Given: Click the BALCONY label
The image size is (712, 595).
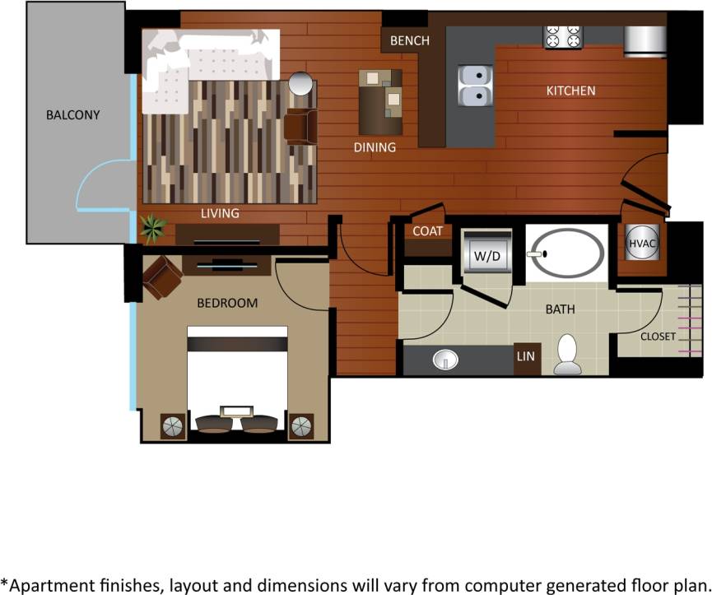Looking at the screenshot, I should pyautogui.click(x=73, y=114).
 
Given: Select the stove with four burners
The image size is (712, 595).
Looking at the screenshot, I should pyautogui.click(x=563, y=36).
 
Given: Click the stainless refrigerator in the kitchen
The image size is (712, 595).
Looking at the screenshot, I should pyautogui.click(x=645, y=40).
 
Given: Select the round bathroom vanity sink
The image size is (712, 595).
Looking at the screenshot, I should pyautogui.click(x=445, y=360).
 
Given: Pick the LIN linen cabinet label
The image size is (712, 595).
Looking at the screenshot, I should pyautogui.click(x=527, y=356).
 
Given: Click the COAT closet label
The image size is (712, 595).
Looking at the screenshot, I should pyautogui.click(x=428, y=231).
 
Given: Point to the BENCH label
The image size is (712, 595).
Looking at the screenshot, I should pyautogui.click(x=410, y=40).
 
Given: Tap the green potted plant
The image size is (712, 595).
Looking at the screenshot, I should pyautogui.click(x=152, y=228).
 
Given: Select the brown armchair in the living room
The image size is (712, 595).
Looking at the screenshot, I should pyautogui.click(x=300, y=126).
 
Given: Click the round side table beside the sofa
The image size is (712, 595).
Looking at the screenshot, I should pyautogui.click(x=300, y=84).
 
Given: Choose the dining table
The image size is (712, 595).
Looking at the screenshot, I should pyautogui.click(x=381, y=102).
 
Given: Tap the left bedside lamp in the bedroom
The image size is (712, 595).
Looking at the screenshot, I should pyautogui.click(x=173, y=426).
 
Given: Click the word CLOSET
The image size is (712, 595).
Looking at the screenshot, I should pyautogui.click(x=658, y=337).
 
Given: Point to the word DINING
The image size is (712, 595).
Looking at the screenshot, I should pyautogui.click(x=375, y=148).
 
